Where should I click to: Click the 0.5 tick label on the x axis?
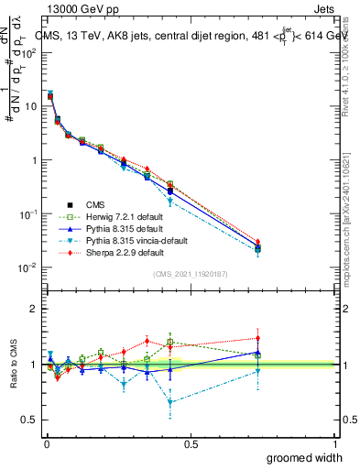tap(191, 443)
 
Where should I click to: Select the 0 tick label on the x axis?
tap(47, 443)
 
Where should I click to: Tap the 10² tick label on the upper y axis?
tap(29, 52)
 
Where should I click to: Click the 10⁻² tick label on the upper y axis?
tap(29, 267)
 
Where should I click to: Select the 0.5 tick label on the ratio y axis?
tap(30, 420)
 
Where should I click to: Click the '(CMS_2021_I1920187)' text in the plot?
tap(191, 274)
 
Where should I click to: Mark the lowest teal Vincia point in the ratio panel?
tap(170, 402)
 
